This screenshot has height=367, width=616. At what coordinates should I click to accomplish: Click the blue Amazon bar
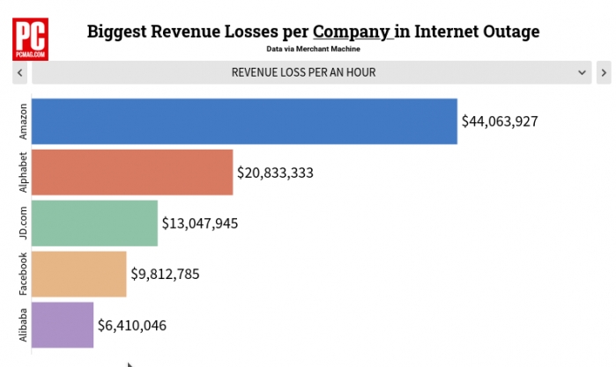[244, 121]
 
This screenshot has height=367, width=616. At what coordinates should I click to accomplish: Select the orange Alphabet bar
[132, 172]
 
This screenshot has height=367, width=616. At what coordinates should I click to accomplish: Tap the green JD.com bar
[94, 223]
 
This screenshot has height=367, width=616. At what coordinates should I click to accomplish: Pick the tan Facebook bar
[78, 274]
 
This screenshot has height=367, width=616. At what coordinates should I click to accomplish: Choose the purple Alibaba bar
[63, 325]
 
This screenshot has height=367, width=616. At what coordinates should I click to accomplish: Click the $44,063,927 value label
[500, 121]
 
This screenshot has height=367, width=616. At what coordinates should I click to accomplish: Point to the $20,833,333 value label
[275, 172]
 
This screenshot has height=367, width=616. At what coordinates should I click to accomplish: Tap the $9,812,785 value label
[166, 274]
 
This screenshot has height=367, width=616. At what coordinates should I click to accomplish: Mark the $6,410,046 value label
[132, 326]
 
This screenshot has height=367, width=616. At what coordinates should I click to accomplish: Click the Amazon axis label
[23, 121]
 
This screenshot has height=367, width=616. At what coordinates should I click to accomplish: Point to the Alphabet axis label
[23, 172]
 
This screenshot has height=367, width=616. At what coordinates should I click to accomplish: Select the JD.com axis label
[23, 223]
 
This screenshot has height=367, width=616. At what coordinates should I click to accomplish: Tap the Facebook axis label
[23, 274]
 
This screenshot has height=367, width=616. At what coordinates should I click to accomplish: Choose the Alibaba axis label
[23, 325]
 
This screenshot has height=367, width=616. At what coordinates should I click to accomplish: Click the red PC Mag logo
[31, 40]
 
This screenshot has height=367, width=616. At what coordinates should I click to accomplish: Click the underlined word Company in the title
[352, 33]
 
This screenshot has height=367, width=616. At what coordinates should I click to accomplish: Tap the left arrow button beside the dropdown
[19, 72]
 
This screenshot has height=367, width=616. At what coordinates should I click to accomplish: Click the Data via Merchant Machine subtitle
[313, 49]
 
